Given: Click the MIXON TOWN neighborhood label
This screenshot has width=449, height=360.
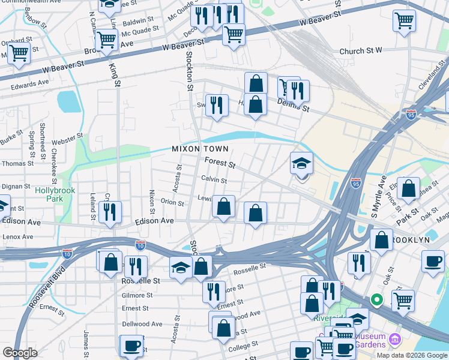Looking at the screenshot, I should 200,149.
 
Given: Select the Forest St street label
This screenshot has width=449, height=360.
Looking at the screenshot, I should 220,162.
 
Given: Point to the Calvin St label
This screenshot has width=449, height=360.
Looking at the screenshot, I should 214,180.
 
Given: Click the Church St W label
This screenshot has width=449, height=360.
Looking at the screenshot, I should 361,52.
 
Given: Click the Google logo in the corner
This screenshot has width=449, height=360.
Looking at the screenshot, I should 20,353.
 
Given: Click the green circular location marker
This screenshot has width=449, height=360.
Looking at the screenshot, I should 376,299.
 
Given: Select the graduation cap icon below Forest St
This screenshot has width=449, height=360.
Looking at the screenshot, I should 301,163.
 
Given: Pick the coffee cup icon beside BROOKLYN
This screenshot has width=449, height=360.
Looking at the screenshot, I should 433,262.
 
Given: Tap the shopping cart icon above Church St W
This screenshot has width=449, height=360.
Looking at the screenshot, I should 405,21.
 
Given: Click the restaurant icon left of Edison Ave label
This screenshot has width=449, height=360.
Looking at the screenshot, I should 110,212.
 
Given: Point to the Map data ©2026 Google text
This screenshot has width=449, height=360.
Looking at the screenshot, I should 412,355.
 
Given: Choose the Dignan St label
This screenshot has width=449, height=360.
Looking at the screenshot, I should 16,187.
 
